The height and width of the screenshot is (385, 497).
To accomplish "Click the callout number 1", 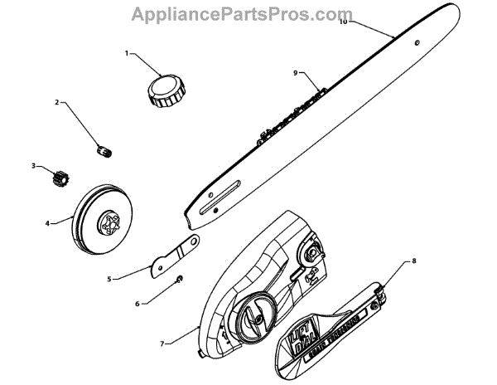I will pyautogui.click(x=127, y=53).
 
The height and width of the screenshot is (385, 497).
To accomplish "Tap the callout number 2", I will pyautogui.click(x=57, y=103).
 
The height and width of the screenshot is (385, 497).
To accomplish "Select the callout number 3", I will pyautogui.click(x=34, y=166).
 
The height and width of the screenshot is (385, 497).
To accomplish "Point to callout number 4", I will pyautogui.click(x=47, y=222).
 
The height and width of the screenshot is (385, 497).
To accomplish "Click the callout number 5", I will pyautogui.click(x=109, y=280).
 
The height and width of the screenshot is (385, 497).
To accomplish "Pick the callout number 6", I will pyautogui.click(x=138, y=304).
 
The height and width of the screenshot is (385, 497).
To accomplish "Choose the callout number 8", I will pyautogui.click(x=414, y=261).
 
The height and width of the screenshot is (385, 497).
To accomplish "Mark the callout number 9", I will pyautogui.click(x=295, y=73).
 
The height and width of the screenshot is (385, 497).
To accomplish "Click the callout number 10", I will pyautogui.click(x=343, y=22).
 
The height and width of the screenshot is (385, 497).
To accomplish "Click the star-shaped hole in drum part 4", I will pyautogui.click(x=110, y=222).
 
